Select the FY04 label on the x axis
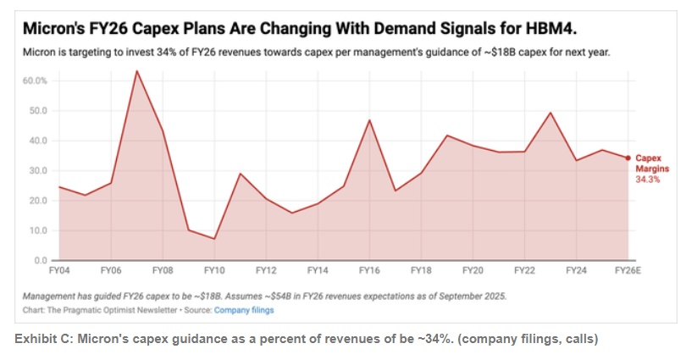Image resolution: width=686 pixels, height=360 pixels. pyautogui.click(x=58, y=271)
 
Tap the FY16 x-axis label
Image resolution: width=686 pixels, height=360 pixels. pyautogui.click(x=369, y=271)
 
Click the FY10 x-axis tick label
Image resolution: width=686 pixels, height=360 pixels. pyautogui.click(x=213, y=271)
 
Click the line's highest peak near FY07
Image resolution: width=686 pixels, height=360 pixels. pyautogui.click(x=136, y=71)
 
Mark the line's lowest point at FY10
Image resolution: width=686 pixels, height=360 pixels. pyautogui.click(x=214, y=239)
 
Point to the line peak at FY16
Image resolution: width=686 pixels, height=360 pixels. pyautogui.click(x=369, y=120)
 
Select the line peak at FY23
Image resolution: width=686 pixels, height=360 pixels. pyautogui.click(x=550, y=113)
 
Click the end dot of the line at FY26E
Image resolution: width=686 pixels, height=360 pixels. pyautogui.click(x=628, y=158)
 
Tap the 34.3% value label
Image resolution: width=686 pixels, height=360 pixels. pyautogui.click(x=648, y=180)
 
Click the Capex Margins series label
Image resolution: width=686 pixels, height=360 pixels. pyautogui.click(x=649, y=163)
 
